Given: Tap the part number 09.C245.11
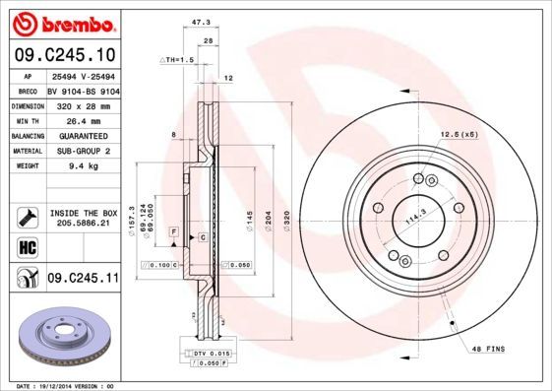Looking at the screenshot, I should coord(82,280).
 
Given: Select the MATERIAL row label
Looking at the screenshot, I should coord(27,152).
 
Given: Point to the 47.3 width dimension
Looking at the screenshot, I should coord(201,20).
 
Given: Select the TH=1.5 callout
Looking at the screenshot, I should coord(179,60).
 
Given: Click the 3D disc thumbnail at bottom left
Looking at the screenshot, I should coord(61,337).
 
